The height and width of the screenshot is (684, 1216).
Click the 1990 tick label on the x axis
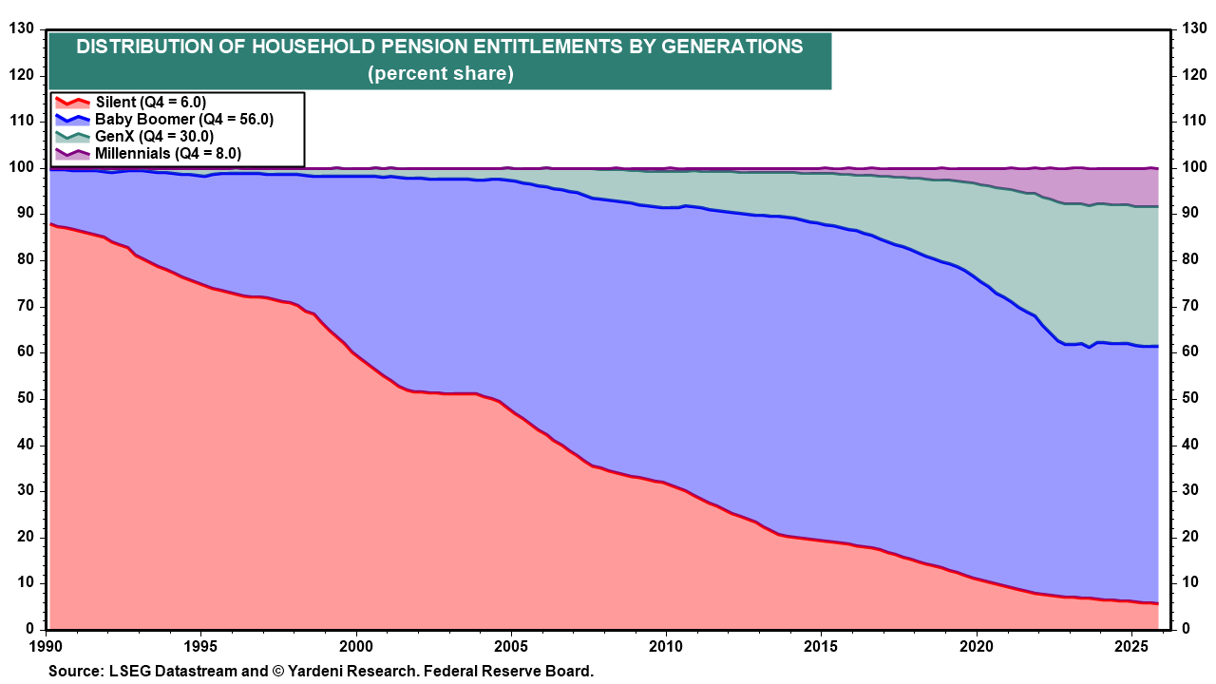[x=47, y=646]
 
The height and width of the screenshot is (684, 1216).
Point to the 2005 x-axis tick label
[x=511, y=646]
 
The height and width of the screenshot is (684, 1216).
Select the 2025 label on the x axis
[x=1130, y=646]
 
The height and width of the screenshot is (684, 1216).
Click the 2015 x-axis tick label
[x=821, y=646]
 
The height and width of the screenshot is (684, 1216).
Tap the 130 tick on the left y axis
[x=20, y=29]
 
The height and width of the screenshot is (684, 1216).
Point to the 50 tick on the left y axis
[x=24, y=398]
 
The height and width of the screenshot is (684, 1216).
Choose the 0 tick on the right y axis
[x=1186, y=629]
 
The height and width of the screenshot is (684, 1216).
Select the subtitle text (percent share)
[x=441, y=74]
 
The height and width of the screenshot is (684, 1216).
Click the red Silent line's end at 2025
[x=1156, y=604]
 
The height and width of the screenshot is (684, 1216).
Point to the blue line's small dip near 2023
[x=1090, y=348]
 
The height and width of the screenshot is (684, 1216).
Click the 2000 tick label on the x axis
[x=356, y=646]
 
